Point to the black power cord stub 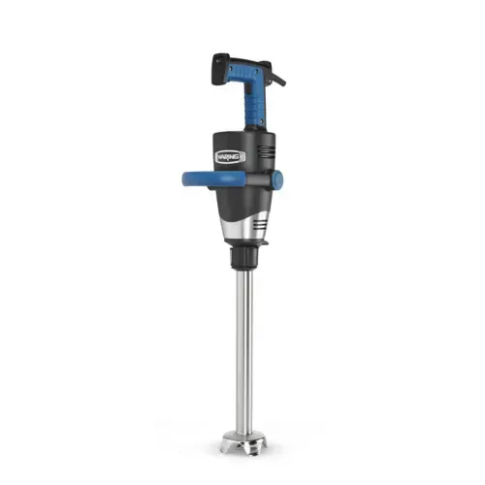(279, 77)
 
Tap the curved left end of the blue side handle (188, 179)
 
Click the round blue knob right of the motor (276, 179)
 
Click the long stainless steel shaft (243, 349)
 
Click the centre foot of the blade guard (242, 450)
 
